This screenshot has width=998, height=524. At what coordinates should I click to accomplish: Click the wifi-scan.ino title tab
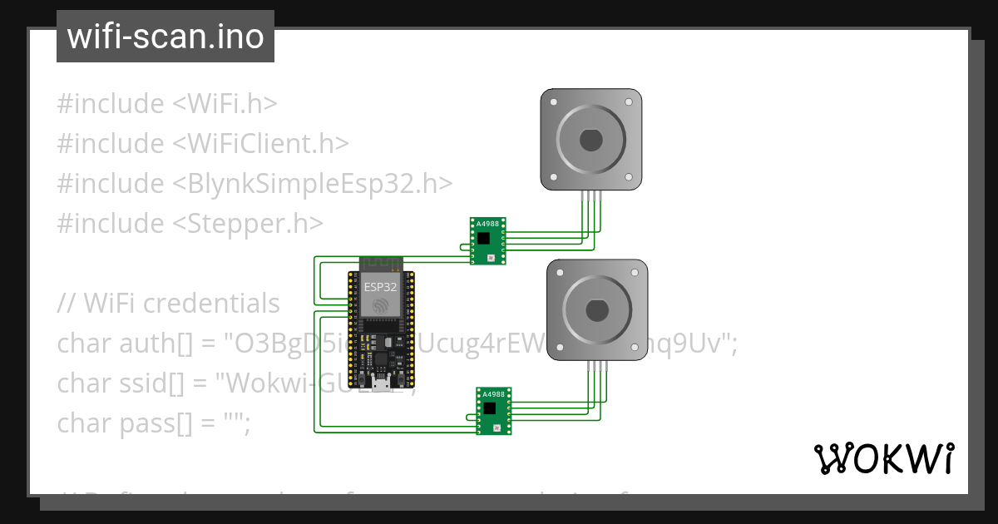tap(165, 37)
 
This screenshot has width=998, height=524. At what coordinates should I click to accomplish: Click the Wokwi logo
tap(882, 458)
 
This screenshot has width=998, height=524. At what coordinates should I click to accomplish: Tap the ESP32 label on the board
tap(380, 287)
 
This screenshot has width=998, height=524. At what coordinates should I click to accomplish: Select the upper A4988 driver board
tap(488, 241)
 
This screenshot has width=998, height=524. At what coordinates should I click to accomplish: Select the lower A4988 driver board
tap(494, 411)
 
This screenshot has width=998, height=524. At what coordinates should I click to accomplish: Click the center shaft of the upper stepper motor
tap(590, 140)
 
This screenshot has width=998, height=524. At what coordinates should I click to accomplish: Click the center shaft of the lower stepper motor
tap(596, 311)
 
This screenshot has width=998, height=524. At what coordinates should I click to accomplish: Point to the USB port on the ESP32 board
tap(381, 384)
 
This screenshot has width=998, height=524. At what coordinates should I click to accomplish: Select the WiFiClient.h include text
tap(260, 144)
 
